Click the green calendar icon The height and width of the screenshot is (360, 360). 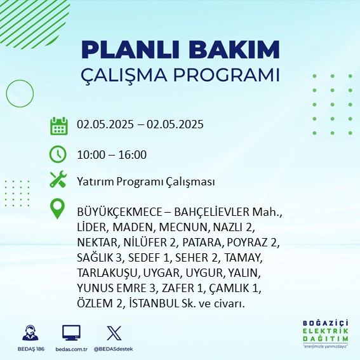pos(59,126)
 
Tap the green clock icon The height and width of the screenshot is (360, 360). pos(58,154)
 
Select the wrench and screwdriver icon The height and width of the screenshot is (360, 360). pos(58,179)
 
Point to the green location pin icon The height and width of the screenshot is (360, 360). pos(57,208)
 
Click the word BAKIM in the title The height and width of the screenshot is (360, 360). pos(234,50)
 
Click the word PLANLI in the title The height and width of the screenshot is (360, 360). pos(130,50)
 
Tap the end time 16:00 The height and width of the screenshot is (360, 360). pos(133,154)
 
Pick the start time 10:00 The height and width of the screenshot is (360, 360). pos(91,154)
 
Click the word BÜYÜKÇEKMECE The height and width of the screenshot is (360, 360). pos(119,211)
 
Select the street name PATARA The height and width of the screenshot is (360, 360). pos(201,243)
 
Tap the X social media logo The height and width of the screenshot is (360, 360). pos(114,333)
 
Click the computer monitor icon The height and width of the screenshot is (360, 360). pos(71,333)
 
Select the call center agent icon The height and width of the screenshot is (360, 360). pos(30,333)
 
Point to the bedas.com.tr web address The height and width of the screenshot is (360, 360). pos(71,349)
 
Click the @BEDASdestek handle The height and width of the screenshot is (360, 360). pos(114,349)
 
